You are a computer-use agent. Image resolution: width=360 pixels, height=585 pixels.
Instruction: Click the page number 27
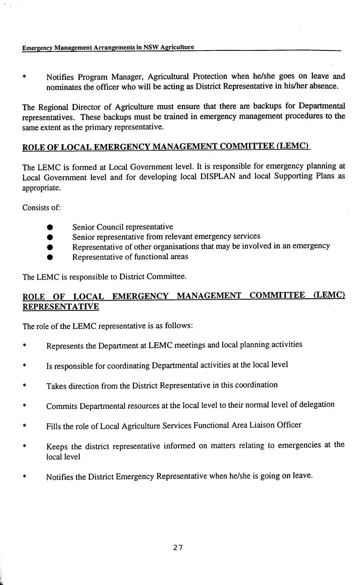click(x=178, y=548)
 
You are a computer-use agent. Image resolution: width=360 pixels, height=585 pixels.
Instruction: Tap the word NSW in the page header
click(x=151, y=48)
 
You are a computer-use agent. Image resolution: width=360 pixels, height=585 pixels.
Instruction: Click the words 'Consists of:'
click(x=41, y=208)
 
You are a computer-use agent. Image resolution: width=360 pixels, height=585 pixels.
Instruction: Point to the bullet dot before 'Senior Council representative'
click(x=50, y=228)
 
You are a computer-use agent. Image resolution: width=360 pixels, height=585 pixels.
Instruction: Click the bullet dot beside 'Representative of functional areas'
click(x=50, y=257)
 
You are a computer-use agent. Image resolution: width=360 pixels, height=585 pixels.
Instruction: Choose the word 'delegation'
click(x=317, y=405)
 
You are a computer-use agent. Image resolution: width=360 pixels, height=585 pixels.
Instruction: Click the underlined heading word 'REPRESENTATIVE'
click(x=61, y=306)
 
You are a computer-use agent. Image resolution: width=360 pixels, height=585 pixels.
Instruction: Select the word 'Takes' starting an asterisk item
click(x=56, y=386)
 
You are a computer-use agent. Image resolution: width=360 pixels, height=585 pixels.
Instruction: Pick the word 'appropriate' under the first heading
click(x=41, y=187)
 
